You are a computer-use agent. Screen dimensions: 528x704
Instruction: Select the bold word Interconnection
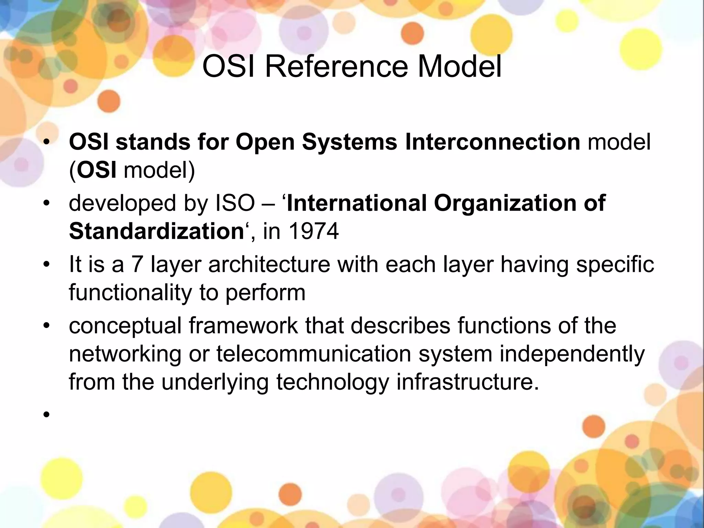point(493,142)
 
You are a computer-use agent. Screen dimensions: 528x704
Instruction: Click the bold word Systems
point(350,142)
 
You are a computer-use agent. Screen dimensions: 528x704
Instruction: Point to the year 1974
point(314,231)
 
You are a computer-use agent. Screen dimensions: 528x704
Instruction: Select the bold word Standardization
point(157,231)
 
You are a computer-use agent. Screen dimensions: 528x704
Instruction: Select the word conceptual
point(125,326)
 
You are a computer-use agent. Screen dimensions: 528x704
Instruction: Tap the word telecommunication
point(313,354)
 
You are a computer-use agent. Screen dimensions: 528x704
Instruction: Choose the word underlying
point(215,383)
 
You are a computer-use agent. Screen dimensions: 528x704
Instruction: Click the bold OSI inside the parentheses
point(96,170)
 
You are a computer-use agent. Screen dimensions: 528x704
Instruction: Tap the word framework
point(243,326)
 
